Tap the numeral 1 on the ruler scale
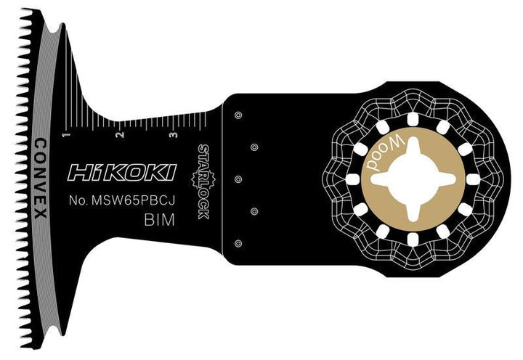[x=66, y=135]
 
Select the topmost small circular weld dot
[x=238, y=114]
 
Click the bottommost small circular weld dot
[x=238, y=243]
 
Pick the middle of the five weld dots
[x=238, y=179]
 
